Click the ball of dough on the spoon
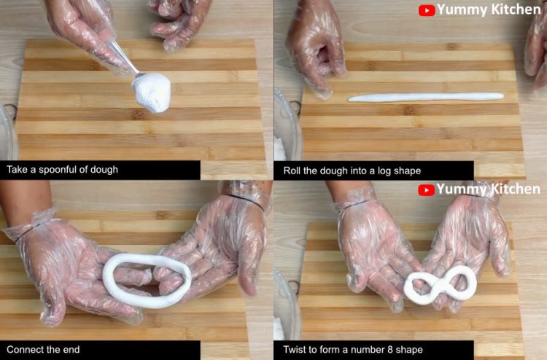[152, 93]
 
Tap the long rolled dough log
[426, 97]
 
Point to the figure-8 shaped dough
[441, 285]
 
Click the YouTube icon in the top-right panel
[427, 10]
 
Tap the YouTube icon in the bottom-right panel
[426, 190]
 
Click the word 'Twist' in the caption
[293, 350]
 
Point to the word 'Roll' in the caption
[292, 171]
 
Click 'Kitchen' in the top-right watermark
[515, 9]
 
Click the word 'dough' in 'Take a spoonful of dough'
[104, 170]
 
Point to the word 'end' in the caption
[71, 350]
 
